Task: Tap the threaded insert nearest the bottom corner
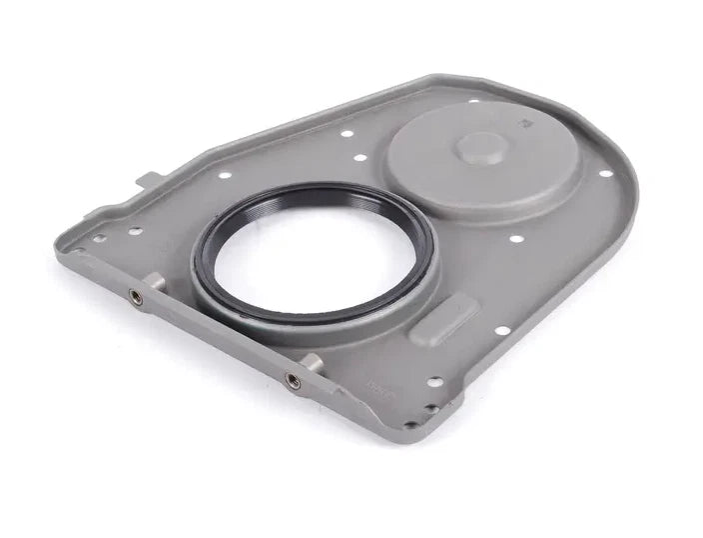tap(293, 380)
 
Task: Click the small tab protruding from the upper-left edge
tap(147, 180)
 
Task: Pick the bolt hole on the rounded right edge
tap(605, 173)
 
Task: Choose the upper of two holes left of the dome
tap(347, 133)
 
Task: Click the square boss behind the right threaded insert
tap(311, 362)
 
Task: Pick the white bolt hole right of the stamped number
tap(434, 381)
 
